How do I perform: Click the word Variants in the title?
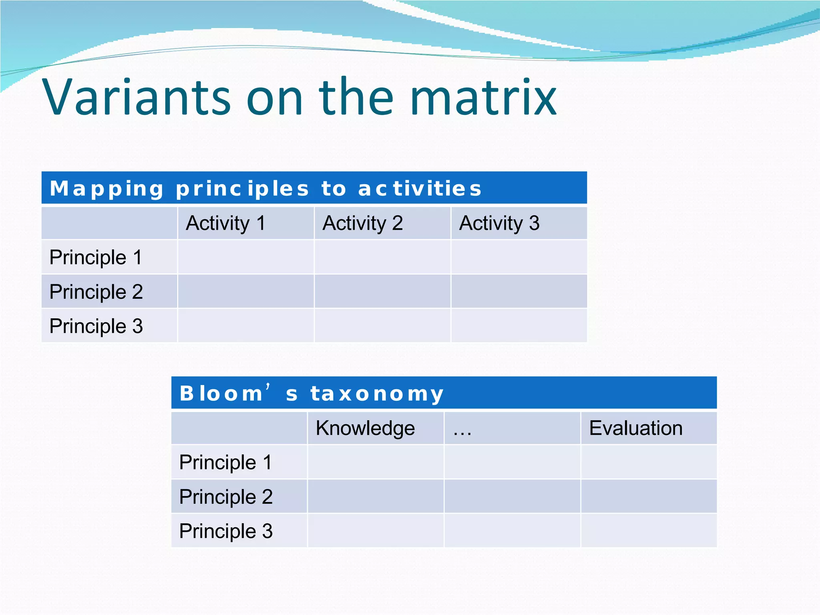click(x=136, y=97)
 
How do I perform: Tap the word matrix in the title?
click(x=483, y=97)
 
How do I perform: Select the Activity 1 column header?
click(x=226, y=223)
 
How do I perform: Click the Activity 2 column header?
click(x=363, y=223)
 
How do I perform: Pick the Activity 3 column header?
click(x=499, y=223)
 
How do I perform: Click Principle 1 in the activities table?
click(x=96, y=257)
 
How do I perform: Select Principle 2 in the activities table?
click(x=96, y=291)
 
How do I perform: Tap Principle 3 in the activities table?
click(x=96, y=326)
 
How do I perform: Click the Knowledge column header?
click(x=365, y=428)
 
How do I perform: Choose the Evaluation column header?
click(x=636, y=428)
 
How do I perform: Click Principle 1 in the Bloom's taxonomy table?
click(x=225, y=462)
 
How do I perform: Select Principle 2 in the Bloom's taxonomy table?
click(x=226, y=496)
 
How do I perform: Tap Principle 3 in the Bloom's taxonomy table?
click(x=226, y=531)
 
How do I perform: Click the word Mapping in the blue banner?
click(x=107, y=189)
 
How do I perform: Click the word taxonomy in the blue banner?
click(x=377, y=394)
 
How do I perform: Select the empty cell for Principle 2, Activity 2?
click(x=382, y=291)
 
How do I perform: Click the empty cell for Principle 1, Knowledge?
click(x=376, y=462)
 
